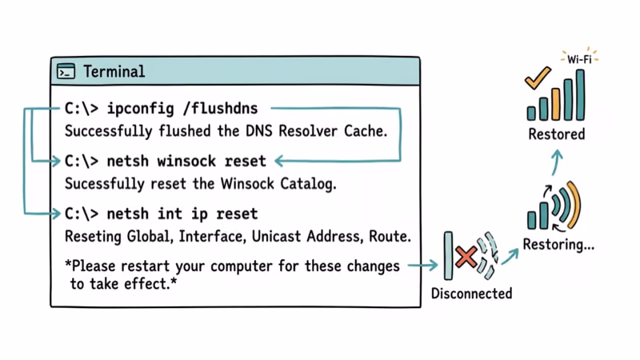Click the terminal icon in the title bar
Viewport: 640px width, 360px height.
pos(66,72)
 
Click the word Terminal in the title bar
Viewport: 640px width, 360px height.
pos(114,72)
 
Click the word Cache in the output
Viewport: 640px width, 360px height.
pos(367,130)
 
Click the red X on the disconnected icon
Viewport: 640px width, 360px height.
pos(466,256)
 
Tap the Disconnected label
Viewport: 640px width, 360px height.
pos(471,294)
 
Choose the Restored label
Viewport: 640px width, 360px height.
pos(556,134)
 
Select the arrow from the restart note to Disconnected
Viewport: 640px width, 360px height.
pos(422,265)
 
